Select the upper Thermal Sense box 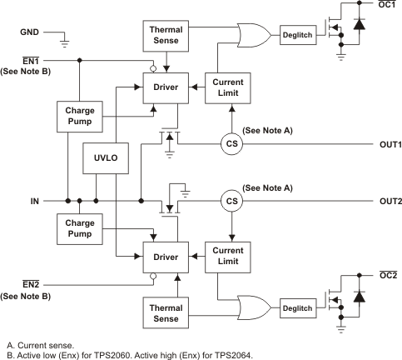pos(166,35)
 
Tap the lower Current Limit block pos(227,254)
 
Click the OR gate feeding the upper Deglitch pos(252,35)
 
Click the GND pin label pos(29,34)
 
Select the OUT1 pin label pos(385,143)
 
